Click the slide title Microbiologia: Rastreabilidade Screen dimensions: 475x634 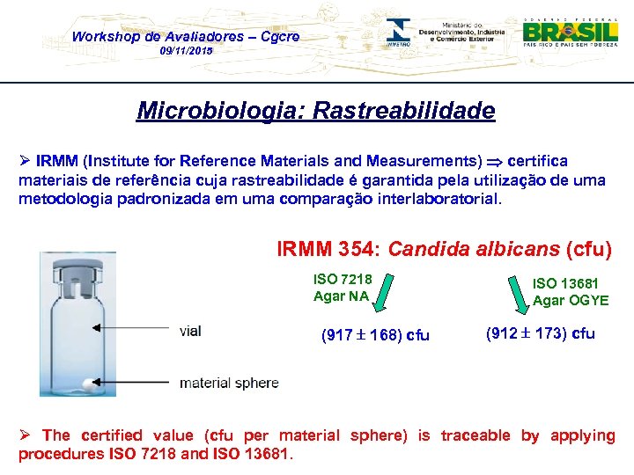(315, 112)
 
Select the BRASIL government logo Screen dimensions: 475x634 (571, 33)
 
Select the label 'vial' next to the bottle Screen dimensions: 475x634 (190, 332)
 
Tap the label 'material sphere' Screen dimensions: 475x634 (229, 383)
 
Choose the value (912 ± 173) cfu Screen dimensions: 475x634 (540, 333)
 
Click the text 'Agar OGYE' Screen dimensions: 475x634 (571, 300)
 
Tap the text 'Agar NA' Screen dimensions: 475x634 (341, 296)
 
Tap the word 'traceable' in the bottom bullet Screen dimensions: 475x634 (475, 435)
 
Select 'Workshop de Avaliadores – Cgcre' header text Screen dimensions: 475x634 (186, 37)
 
